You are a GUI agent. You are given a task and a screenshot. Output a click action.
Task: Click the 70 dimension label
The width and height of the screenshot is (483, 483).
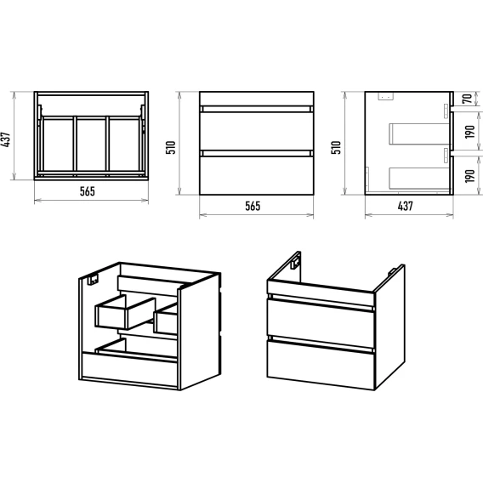(x=468, y=99)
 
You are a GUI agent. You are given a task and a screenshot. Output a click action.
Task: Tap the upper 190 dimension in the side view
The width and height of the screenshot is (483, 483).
(x=469, y=132)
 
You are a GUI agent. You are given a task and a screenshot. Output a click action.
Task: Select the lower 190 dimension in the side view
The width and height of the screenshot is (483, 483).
(x=469, y=176)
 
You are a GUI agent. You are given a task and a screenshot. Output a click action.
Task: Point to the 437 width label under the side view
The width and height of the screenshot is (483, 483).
(x=405, y=206)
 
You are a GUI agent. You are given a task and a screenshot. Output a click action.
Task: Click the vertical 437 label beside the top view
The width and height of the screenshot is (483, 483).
(x=7, y=139)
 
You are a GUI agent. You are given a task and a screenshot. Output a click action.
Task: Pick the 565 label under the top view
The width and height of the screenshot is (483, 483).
(x=88, y=191)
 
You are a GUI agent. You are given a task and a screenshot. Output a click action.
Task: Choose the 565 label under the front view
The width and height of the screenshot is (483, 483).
(x=253, y=206)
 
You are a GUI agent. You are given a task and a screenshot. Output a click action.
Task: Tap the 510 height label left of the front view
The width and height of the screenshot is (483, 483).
(x=171, y=147)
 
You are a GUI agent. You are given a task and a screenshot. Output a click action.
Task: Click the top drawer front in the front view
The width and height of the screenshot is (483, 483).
(x=257, y=131)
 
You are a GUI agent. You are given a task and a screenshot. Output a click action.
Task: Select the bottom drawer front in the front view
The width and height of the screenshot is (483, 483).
(x=257, y=175)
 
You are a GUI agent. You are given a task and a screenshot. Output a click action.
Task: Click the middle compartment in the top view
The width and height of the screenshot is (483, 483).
(x=91, y=145)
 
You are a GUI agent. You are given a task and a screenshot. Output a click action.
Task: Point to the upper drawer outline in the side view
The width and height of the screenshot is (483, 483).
(x=419, y=134)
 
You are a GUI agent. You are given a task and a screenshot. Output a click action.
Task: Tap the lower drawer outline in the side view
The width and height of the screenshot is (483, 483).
(x=419, y=178)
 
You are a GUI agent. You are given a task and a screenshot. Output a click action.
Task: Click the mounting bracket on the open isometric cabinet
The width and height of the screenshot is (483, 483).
(x=93, y=280)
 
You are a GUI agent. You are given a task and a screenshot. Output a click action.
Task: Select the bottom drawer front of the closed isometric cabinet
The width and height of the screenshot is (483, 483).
(x=321, y=365)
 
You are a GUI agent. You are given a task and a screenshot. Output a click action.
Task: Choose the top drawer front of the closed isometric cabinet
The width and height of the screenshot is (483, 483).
(x=321, y=323)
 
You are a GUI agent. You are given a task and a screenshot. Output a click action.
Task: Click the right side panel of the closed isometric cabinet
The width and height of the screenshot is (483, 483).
(x=389, y=327)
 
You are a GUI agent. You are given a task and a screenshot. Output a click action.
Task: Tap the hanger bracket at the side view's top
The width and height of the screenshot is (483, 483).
(x=386, y=96)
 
